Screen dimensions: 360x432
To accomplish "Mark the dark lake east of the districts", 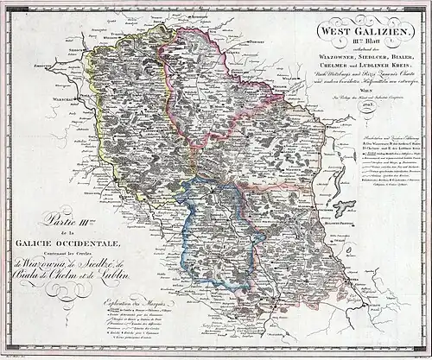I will (x=345, y=206).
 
